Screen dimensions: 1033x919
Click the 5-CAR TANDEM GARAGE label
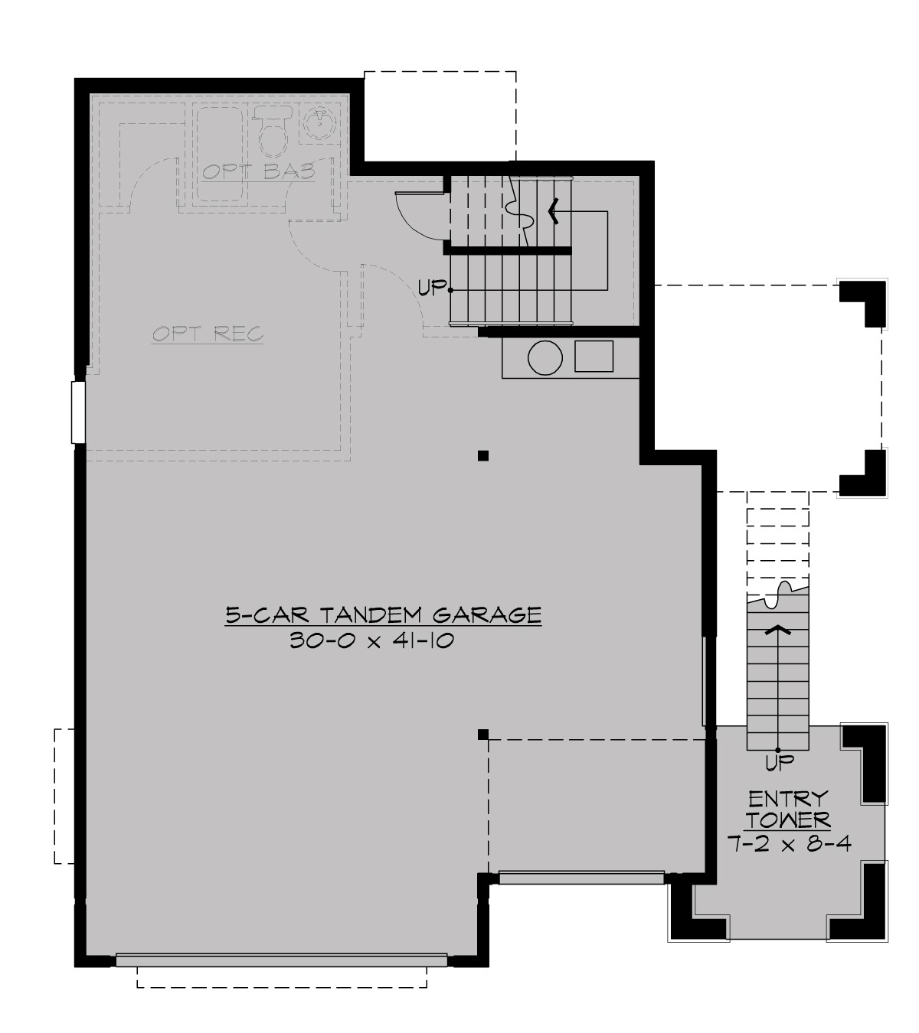(383, 614)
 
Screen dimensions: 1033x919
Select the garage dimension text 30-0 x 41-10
(372, 640)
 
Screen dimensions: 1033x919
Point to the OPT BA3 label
(259, 171)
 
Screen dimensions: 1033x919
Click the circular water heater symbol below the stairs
(545, 357)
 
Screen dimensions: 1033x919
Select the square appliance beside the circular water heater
(594, 357)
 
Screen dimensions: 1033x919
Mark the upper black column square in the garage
(483, 457)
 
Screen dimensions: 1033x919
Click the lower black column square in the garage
(483, 735)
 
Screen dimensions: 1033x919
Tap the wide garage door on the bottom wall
(281, 959)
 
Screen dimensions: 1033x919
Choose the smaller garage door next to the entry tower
(581, 878)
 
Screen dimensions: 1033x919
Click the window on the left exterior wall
(77, 412)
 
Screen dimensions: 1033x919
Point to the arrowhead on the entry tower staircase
(778, 630)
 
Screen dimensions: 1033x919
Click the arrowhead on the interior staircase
(553, 210)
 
